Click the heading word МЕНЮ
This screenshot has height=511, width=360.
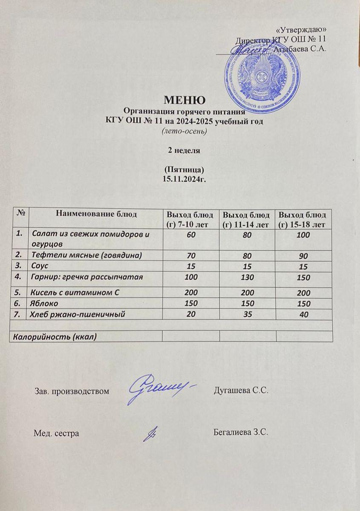click(185, 100)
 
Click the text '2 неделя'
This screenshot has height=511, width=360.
click(185, 150)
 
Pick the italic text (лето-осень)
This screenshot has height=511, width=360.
click(185, 131)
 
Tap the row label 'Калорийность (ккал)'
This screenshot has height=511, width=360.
click(55, 336)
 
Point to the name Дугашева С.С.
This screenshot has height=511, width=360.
click(240, 390)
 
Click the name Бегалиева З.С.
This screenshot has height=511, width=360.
click(239, 433)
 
